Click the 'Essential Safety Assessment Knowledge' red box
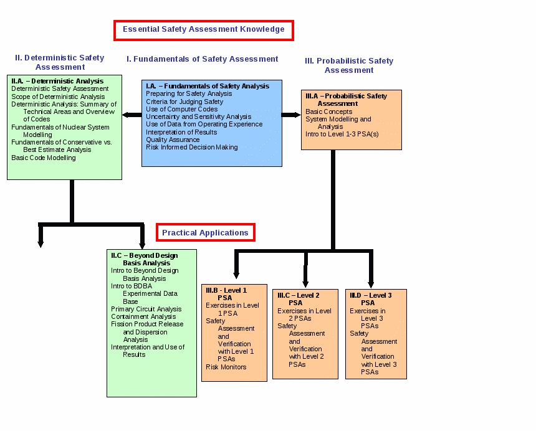click(204, 21)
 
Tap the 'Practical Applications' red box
click(206, 224)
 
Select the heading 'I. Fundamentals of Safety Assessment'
click(203, 59)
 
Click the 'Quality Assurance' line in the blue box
click(173, 140)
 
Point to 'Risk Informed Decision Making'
click(192, 147)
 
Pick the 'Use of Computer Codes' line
click(182, 109)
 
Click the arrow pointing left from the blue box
click(132, 115)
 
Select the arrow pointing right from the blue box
click(291, 115)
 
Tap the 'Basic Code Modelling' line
click(44, 158)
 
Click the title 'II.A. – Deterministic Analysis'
click(57, 82)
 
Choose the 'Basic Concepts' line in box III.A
click(329, 111)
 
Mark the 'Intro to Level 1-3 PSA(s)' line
click(342, 134)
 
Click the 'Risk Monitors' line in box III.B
click(226, 367)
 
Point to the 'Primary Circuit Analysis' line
click(146, 309)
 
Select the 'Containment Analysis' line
click(143, 316)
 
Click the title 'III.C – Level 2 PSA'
click(299, 299)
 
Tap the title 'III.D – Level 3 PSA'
click(371, 299)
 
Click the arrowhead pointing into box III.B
click(236, 275)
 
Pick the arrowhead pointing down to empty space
click(41, 244)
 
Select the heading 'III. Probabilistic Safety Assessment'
click(349, 65)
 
